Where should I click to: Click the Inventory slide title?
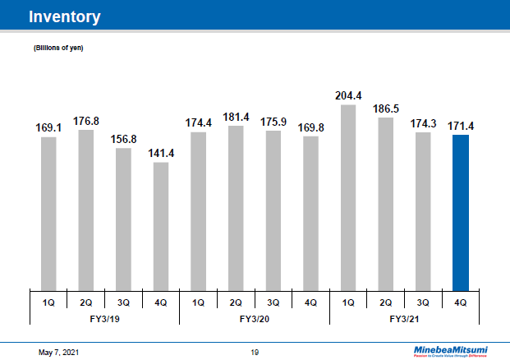65,16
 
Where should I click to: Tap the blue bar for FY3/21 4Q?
461,211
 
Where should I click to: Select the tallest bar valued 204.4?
348,196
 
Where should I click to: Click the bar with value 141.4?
161,225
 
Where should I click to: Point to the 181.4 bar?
236,207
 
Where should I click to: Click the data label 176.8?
86,121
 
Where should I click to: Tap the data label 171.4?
461,126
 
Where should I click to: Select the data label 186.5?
385,108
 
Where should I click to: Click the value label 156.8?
123,139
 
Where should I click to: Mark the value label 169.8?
310,127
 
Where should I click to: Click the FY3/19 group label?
104,317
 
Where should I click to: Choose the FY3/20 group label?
255,317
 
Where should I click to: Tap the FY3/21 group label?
404,317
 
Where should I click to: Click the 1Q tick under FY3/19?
48,302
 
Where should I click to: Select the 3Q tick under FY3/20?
273,302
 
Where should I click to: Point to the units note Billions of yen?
58,48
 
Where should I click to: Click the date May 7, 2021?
60,352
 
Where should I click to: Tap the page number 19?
255,352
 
